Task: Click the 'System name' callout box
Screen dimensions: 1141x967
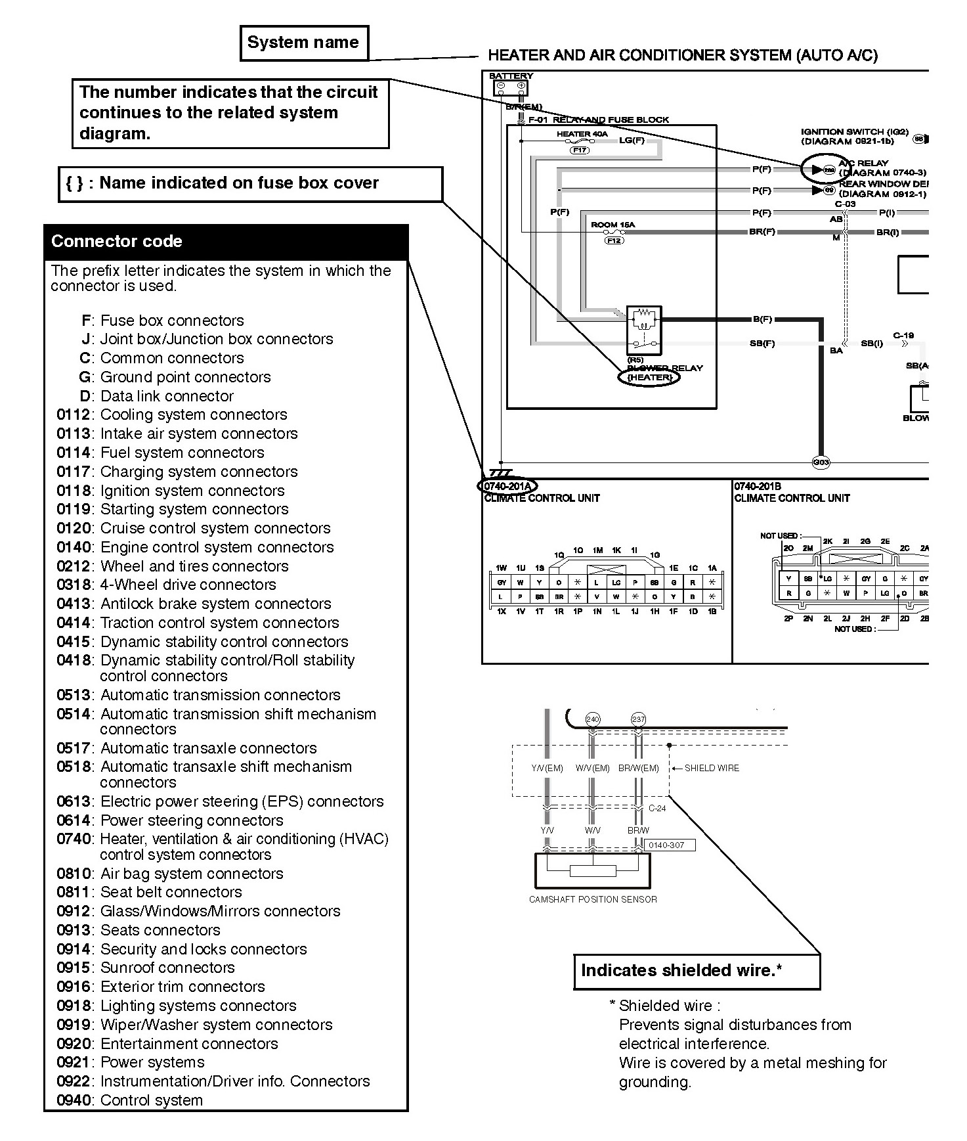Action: tap(304, 43)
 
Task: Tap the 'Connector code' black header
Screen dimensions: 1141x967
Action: tap(226, 241)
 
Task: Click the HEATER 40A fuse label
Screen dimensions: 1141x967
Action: tap(582, 134)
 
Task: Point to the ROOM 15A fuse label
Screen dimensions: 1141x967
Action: tap(612, 225)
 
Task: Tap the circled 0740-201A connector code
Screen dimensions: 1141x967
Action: tap(507, 486)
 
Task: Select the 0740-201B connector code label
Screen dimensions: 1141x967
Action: tap(757, 486)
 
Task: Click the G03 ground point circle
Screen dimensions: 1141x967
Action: tap(821, 462)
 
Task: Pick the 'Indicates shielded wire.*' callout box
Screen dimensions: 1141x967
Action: tap(697, 972)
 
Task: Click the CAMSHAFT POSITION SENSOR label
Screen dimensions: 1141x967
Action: tap(593, 899)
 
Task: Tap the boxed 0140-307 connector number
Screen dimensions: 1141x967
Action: tap(669, 845)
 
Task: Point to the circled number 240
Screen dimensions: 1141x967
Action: tap(593, 719)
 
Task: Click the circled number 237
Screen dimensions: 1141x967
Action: tap(638, 719)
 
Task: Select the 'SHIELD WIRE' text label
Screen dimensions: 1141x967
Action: tap(712, 768)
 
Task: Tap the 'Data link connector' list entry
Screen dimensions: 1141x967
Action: tap(167, 396)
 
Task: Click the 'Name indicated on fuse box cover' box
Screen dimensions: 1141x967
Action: tap(250, 183)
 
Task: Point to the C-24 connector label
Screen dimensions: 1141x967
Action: tap(657, 809)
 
